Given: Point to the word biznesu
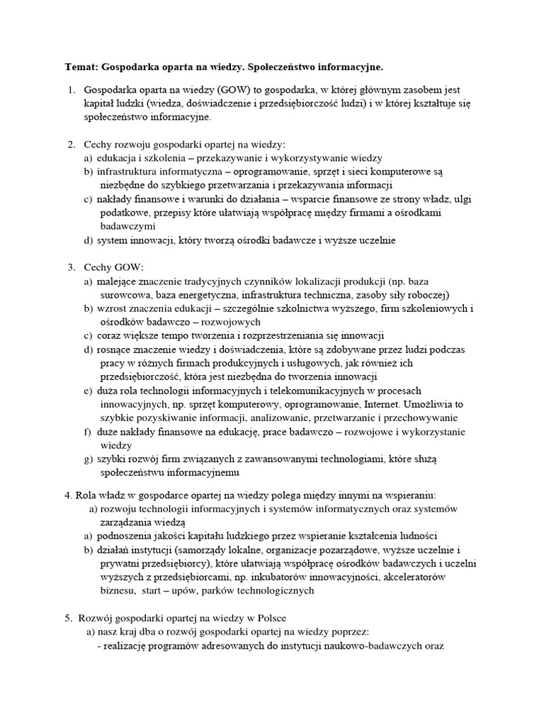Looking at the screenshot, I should (x=117, y=590).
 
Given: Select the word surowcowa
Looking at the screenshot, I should (x=123, y=295).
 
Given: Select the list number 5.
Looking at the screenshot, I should (x=71, y=615).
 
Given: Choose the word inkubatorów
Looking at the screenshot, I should (x=287, y=576).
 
